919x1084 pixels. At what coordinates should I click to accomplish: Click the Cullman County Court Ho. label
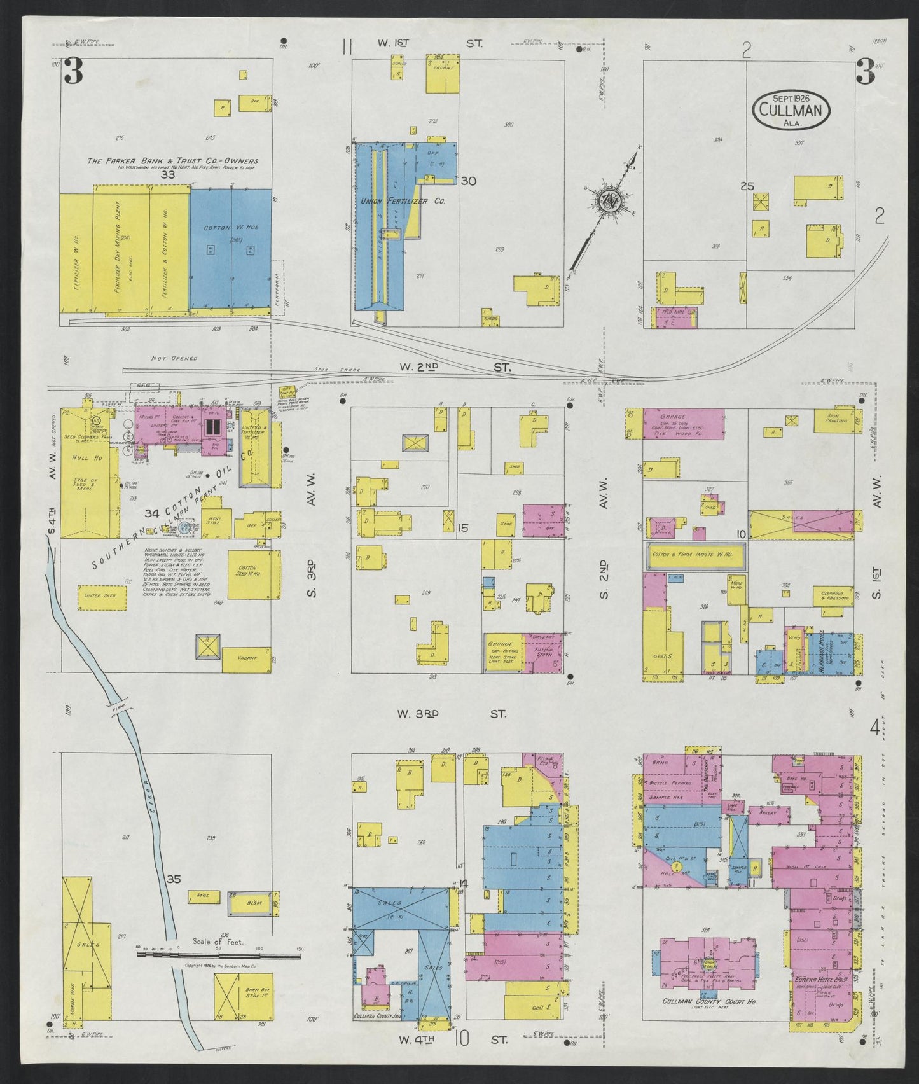click(x=703, y=1017)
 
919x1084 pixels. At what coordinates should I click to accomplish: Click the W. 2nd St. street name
click(x=452, y=367)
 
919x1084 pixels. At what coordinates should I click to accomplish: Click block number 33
click(x=168, y=174)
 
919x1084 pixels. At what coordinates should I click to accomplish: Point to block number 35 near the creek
click(x=174, y=879)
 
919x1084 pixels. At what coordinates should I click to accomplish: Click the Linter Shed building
click(x=99, y=595)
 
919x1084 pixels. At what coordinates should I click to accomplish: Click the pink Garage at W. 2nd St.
click(x=684, y=424)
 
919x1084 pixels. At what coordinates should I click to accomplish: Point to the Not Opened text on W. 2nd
click(x=174, y=358)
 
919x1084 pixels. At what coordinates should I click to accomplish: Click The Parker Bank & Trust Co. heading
click(x=172, y=161)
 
